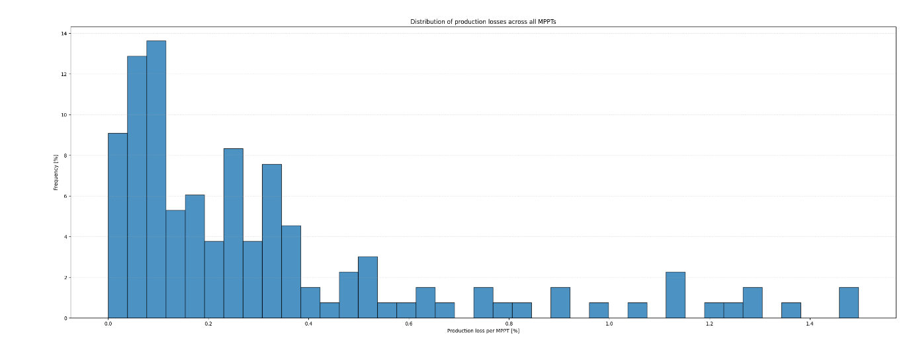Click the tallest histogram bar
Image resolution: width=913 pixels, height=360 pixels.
click(156, 179)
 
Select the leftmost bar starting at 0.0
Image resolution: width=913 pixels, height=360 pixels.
click(118, 225)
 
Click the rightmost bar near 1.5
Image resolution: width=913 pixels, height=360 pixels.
click(848, 302)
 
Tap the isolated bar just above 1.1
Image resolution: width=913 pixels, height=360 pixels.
click(675, 295)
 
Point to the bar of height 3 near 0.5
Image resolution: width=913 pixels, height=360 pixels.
click(367, 287)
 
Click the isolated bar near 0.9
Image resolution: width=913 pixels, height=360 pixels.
click(560, 302)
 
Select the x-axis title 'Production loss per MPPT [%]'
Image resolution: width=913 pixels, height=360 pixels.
click(483, 331)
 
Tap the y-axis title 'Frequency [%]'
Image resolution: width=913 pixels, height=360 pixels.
click(56, 172)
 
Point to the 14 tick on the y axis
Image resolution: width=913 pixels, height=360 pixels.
click(64, 33)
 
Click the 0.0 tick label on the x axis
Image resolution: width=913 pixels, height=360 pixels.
click(108, 324)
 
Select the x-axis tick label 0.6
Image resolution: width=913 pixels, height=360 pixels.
click(409, 324)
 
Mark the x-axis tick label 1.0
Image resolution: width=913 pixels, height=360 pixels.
click(609, 324)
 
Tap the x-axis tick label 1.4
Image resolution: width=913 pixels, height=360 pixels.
click(810, 324)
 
